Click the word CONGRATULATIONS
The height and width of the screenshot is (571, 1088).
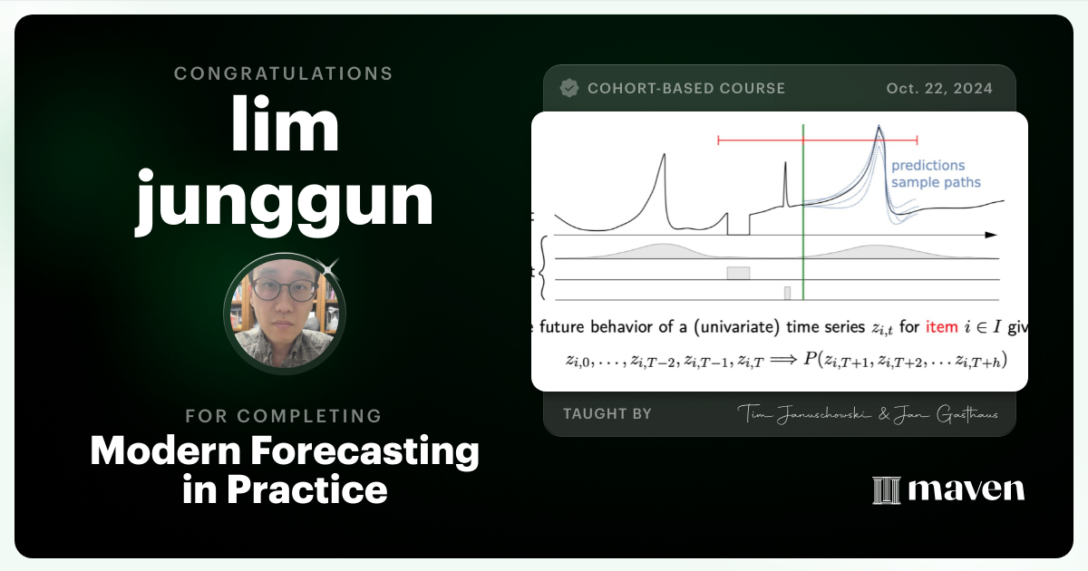[x=284, y=73]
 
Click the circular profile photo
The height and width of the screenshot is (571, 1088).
[x=284, y=314]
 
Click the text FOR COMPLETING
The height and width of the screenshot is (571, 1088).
[x=284, y=416]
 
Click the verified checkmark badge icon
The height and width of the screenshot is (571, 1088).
[x=569, y=88]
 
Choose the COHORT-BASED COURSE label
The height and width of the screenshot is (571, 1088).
[x=686, y=89]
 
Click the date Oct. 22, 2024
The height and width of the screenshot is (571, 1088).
[x=939, y=89]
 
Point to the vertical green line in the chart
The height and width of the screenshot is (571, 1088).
[x=803, y=218]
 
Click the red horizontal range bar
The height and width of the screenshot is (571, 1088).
[x=816, y=140]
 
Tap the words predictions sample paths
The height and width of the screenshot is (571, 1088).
[x=934, y=174]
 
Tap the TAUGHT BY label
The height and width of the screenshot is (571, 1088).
[x=607, y=413]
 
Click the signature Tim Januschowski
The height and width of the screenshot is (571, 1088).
[x=801, y=414]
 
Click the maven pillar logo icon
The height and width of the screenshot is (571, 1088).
[x=885, y=490]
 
